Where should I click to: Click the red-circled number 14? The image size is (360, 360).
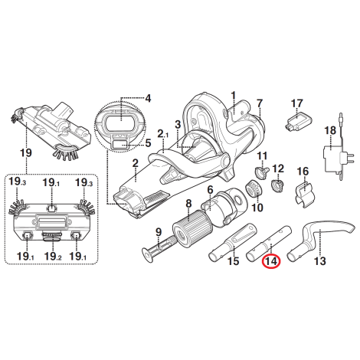271,261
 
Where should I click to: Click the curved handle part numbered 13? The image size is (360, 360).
320,240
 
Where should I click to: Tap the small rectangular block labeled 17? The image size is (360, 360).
298,120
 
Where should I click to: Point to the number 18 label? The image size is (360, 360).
330,130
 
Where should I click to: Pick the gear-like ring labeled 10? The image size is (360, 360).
253,191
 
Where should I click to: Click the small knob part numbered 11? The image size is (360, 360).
262,172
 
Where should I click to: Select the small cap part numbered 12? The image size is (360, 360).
277,186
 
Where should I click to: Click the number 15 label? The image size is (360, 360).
234,261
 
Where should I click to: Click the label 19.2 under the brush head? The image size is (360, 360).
53,256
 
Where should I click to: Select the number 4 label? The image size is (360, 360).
148,98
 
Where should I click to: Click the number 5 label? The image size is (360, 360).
148,143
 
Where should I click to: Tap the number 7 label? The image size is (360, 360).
260,103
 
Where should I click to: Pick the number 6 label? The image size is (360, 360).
210,189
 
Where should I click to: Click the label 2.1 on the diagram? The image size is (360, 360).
163,134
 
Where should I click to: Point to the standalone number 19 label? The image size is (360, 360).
26,153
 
